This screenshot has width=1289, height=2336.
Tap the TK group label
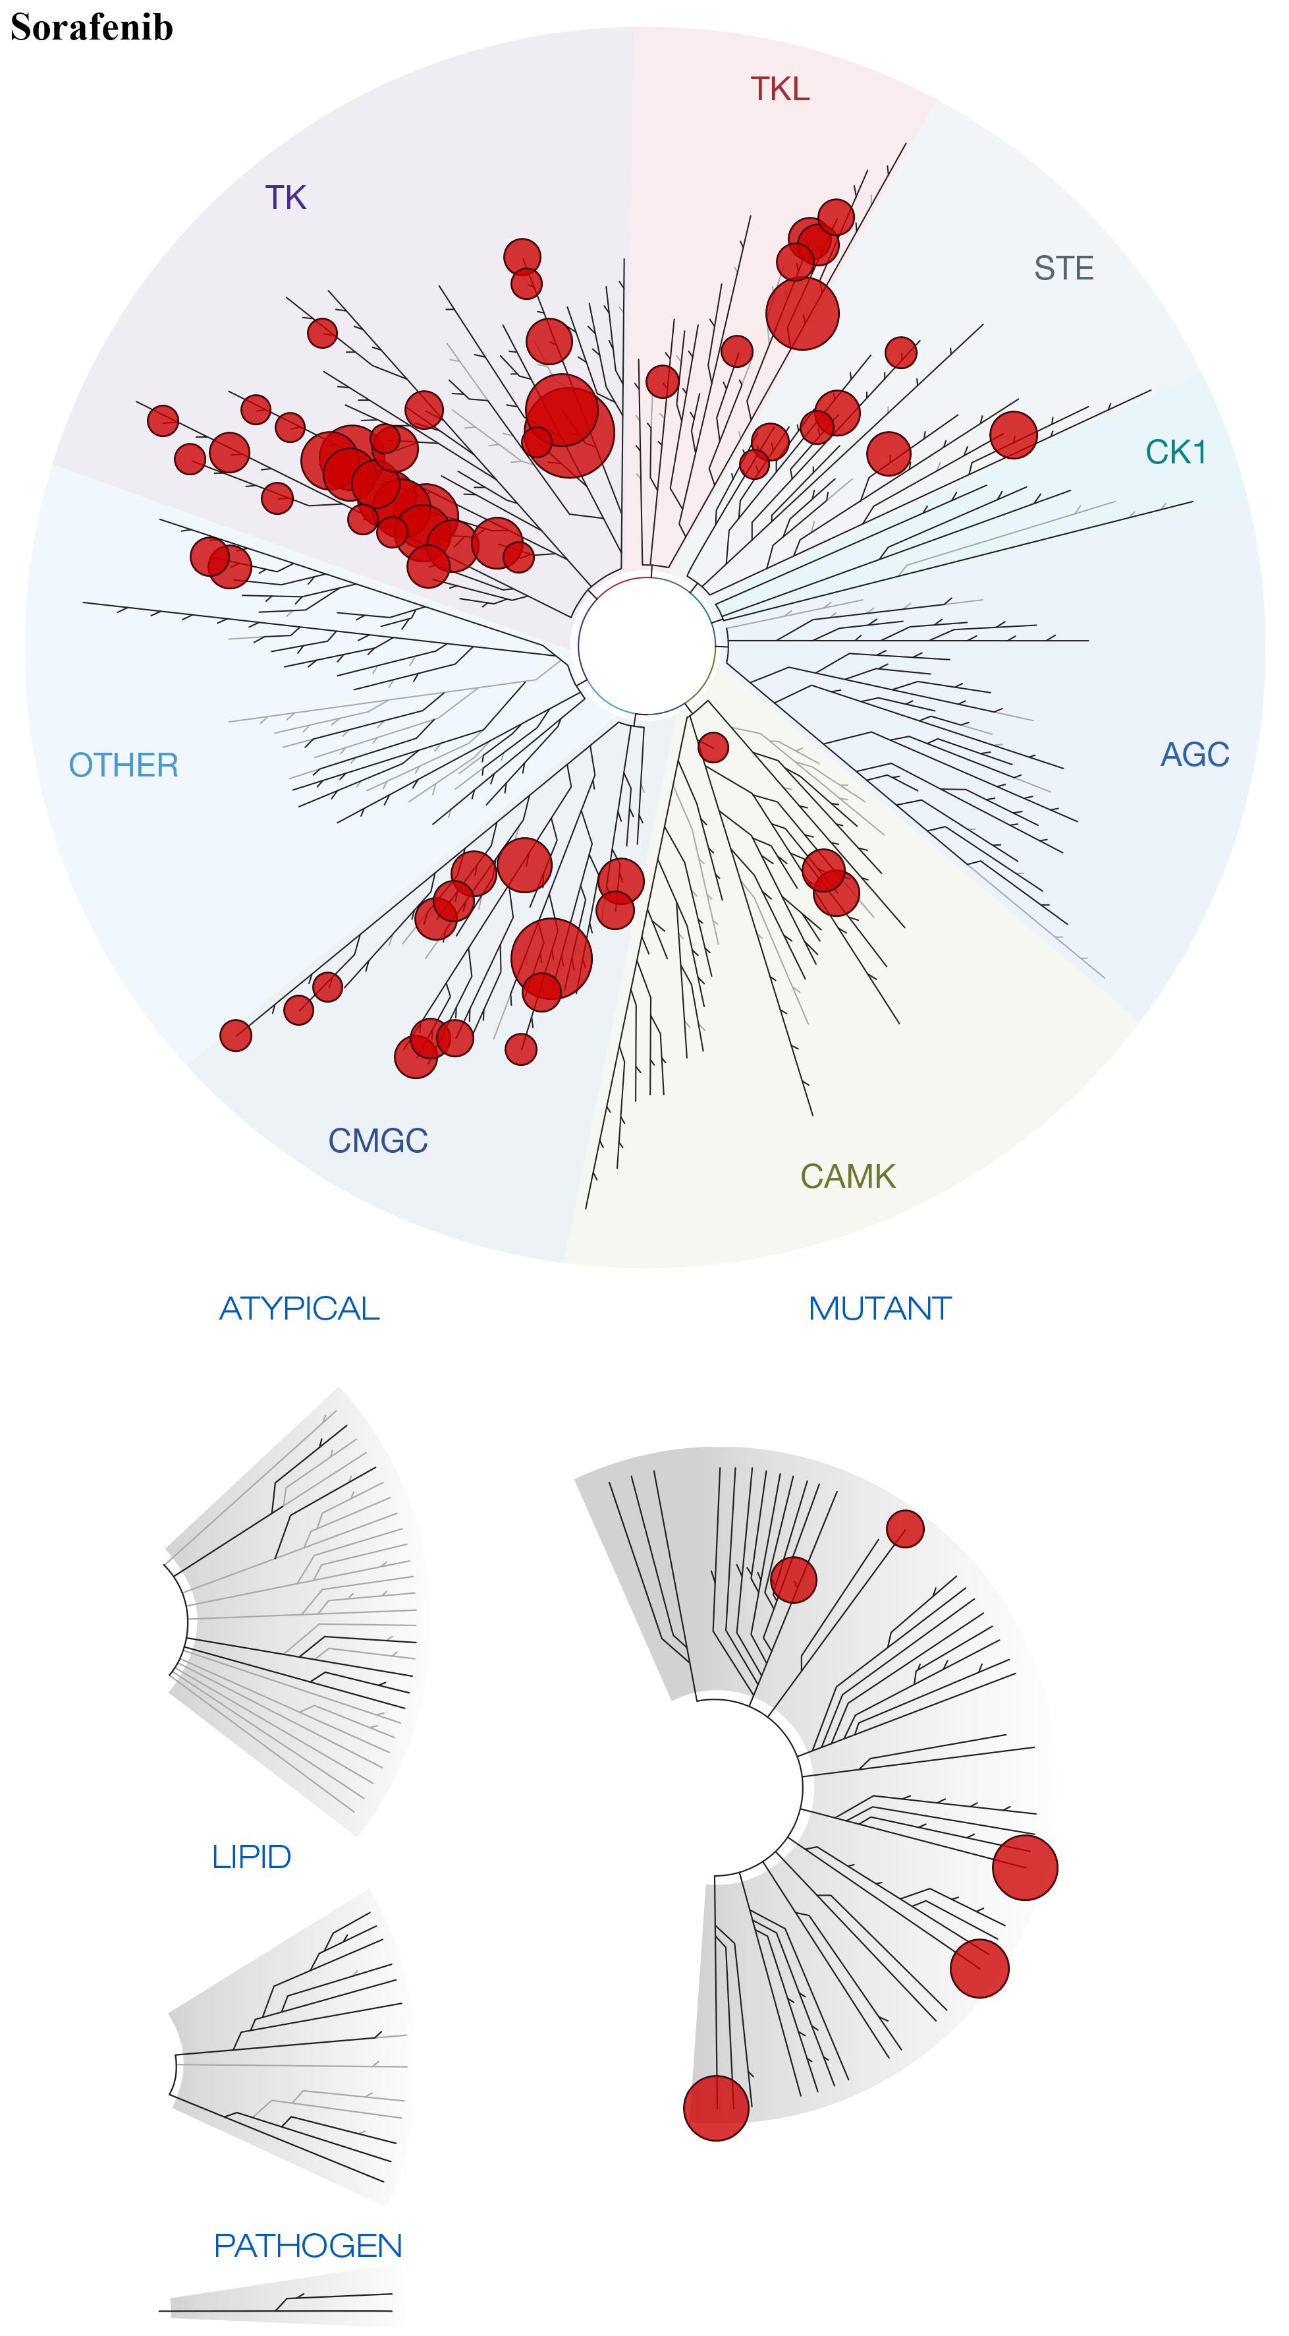click(x=286, y=198)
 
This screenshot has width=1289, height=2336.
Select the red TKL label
click(x=780, y=89)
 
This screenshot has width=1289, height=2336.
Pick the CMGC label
click(x=377, y=1141)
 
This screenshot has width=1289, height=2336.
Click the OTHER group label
click(x=123, y=765)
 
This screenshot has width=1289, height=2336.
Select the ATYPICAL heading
click(x=299, y=1308)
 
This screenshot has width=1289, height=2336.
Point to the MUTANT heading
click(x=879, y=1308)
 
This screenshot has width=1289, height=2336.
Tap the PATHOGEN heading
click(x=308, y=2244)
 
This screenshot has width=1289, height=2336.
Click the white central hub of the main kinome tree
click(x=645, y=647)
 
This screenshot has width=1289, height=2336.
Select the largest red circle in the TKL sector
click(x=802, y=313)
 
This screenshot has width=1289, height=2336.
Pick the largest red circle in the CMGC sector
click(x=551, y=958)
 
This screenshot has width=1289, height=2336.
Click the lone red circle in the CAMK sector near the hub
click(x=713, y=747)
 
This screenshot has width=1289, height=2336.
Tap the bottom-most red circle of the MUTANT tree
click(x=716, y=2109)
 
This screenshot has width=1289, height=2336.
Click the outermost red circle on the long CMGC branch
click(x=236, y=1035)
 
